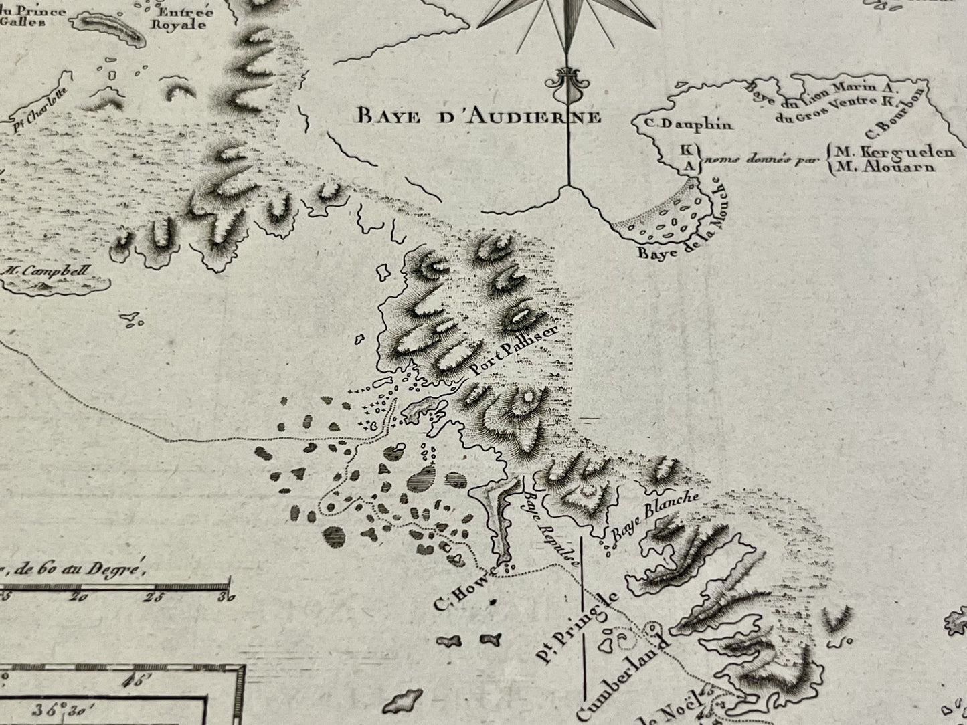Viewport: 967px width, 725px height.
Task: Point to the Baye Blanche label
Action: [654, 517]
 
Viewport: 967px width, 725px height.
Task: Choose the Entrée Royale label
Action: [181, 18]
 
